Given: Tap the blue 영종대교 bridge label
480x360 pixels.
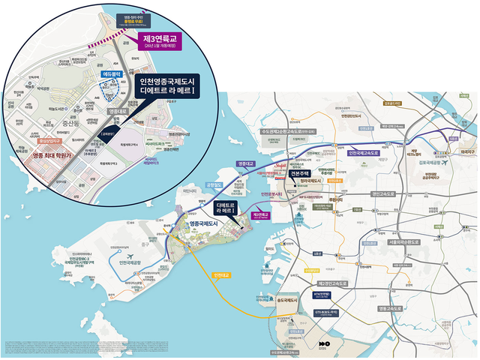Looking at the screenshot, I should (246, 163).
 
